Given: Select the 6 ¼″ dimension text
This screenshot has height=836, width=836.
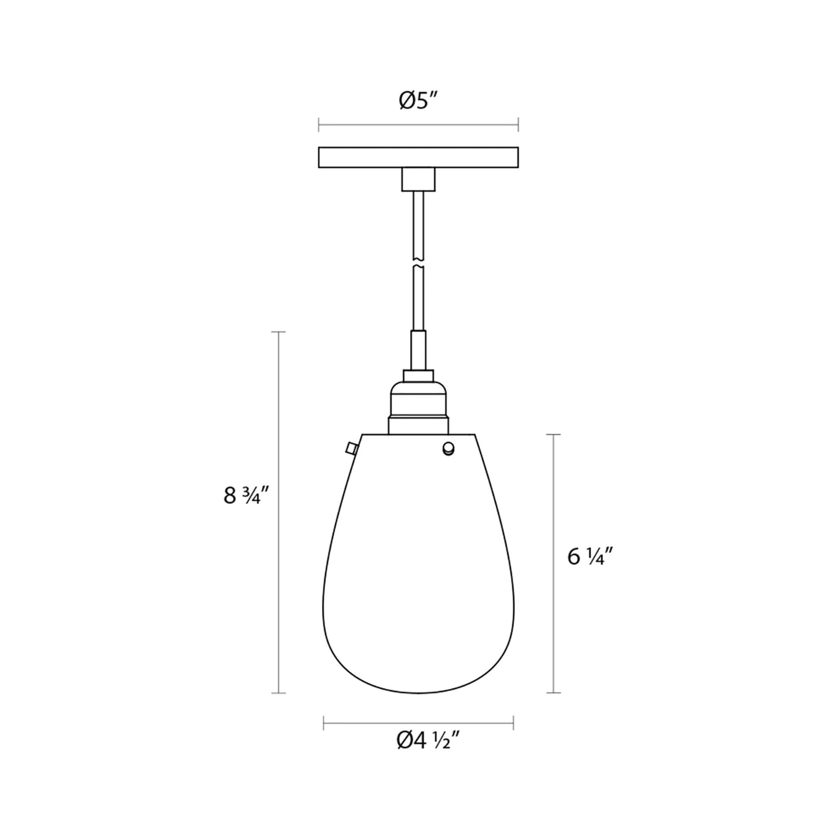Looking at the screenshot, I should pos(590,557).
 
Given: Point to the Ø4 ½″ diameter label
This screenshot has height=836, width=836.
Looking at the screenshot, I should pos(428,740).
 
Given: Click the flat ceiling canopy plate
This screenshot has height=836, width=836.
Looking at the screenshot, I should pos(418,157).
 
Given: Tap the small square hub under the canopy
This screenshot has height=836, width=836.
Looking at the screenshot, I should pos(418,179).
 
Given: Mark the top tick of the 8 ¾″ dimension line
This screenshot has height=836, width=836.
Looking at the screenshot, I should pos(279,332).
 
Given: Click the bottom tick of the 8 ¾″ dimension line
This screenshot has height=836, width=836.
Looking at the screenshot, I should pos(279,692).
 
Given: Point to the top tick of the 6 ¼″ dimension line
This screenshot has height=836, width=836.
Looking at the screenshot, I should pos(554,434).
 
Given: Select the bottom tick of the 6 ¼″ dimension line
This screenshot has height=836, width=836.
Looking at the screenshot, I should pos(554,692).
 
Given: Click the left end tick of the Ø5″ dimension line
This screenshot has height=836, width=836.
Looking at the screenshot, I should pos(319,124).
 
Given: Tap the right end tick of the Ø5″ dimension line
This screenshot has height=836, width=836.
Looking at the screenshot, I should pos(518,124).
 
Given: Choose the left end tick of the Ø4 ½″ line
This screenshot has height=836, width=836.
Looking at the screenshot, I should pos(323,722).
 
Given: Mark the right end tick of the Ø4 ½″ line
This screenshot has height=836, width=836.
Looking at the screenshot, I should pos(514,722).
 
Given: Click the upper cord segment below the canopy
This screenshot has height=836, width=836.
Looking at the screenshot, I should pos(418,223).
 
